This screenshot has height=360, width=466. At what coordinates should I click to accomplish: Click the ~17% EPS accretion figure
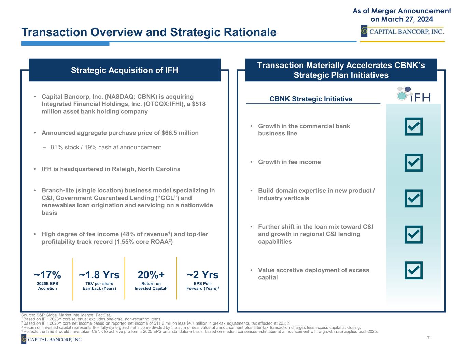pos(47,275)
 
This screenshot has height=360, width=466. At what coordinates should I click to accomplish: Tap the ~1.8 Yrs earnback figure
pos(99,275)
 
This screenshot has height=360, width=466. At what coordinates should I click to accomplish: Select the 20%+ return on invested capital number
pos(151,275)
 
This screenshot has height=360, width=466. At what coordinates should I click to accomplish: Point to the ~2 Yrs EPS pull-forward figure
pos(202,275)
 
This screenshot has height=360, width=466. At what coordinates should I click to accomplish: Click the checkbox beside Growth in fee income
pos(413,162)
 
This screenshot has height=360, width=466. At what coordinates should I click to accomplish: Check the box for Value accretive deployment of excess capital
pos(413,271)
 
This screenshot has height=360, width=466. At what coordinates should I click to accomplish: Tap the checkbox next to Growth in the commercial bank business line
pos(413,127)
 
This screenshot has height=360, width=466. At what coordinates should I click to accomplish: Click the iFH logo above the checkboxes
pos(413,95)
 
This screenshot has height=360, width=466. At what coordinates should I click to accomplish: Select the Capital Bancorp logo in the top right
pos(403,32)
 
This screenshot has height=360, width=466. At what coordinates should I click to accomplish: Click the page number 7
pos(428,338)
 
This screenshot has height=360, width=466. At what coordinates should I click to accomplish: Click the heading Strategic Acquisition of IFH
pos(125,70)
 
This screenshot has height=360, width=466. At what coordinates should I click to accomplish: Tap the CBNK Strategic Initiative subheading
pos(311,99)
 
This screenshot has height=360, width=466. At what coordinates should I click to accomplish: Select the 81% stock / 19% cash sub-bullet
pos(105,147)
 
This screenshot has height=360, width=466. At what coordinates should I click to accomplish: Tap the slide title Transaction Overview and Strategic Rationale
pos(149,32)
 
